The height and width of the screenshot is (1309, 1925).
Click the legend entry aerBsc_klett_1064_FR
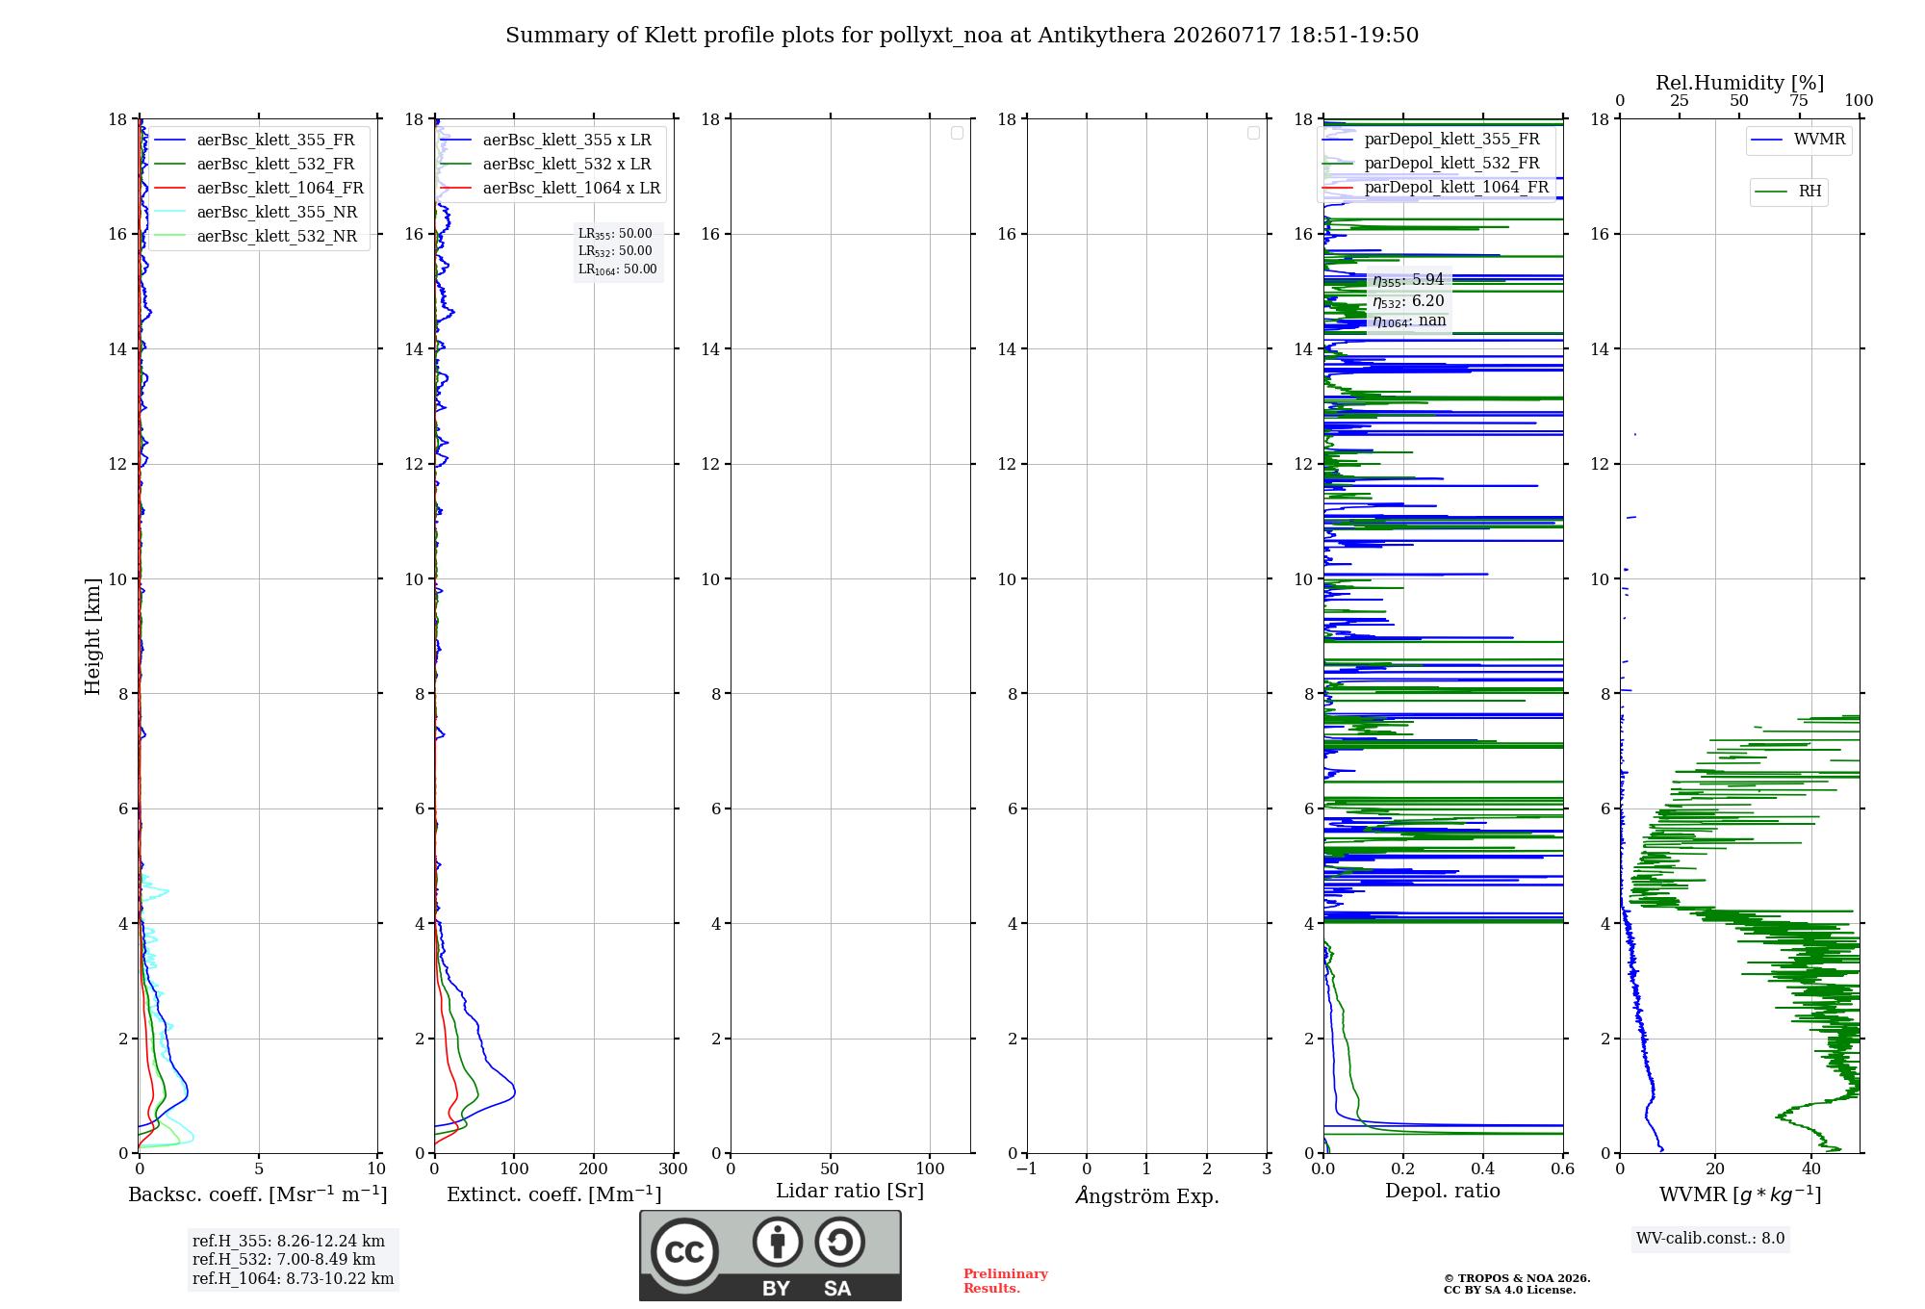[258, 188]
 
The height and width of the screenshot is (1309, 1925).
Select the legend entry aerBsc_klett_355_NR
[255, 212]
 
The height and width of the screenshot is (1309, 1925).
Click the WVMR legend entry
[1798, 140]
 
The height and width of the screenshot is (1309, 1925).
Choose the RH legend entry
[1788, 192]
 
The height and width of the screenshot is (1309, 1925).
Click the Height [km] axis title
[92, 636]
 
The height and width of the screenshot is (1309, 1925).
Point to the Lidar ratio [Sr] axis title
[850, 1191]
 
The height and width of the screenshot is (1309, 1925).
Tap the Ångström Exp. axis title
[1147, 1195]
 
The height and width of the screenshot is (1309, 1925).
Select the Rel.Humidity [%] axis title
[1739, 83]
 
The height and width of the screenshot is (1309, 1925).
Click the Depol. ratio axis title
[1443, 1191]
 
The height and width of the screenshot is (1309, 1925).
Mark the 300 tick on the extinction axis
[674, 1168]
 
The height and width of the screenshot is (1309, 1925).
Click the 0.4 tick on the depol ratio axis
[1483, 1168]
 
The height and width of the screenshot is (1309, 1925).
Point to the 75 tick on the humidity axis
[1799, 101]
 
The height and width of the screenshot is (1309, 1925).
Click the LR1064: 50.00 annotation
[618, 269]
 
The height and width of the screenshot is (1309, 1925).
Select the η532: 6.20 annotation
[1408, 301]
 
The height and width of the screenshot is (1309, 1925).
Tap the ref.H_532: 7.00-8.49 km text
[284, 1259]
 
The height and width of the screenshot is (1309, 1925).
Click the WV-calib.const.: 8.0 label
[1710, 1239]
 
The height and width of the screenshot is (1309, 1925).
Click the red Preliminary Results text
[1006, 1281]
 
